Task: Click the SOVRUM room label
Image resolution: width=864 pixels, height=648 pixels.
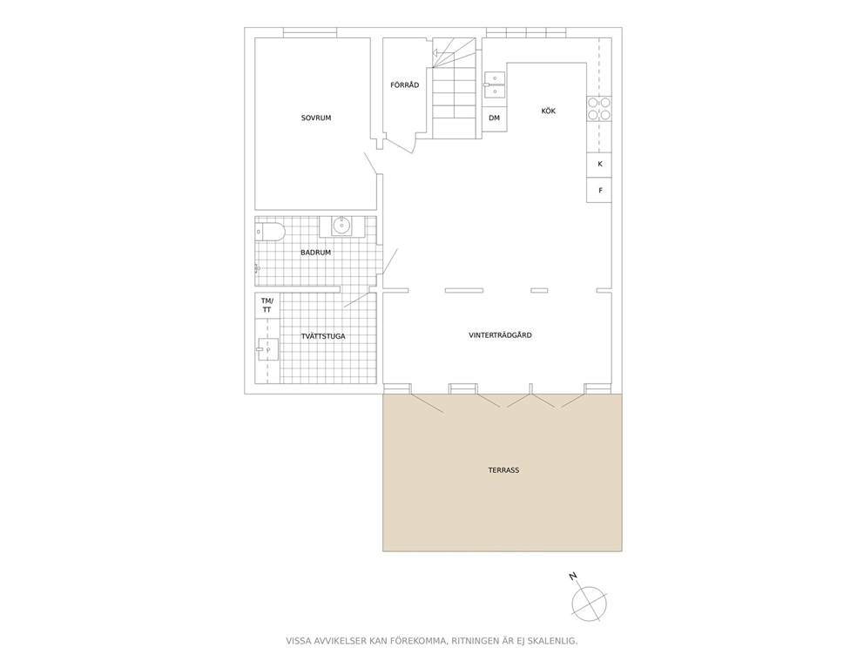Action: (316, 118)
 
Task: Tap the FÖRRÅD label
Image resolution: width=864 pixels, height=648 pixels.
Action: (404, 84)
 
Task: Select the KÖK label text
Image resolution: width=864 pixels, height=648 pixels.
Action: (548, 111)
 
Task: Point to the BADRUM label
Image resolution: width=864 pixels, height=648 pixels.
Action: (316, 253)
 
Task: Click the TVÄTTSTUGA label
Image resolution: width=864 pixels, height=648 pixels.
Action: (323, 336)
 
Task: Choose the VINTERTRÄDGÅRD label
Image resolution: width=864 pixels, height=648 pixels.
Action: (500, 335)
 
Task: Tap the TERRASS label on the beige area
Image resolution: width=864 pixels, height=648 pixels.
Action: (503, 470)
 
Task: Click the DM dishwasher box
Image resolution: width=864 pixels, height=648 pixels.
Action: (494, 118)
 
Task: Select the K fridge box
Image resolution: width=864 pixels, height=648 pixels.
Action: (599, 165)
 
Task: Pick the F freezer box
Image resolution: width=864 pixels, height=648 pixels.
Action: (599, 190)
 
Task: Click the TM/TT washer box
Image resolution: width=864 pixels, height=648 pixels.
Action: (267, 305)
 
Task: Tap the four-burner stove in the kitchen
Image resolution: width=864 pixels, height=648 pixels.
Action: (599, 109)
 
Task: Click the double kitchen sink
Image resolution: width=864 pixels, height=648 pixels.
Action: (494, 84)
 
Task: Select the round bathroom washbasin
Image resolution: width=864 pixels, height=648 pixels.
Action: (341, 225)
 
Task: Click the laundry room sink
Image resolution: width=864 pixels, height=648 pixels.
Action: (267, 349)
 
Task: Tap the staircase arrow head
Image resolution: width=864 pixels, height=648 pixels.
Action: (435, 53)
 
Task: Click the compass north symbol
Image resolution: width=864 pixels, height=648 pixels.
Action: (589, 603)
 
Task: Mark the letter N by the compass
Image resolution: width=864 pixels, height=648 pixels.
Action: (572, 577)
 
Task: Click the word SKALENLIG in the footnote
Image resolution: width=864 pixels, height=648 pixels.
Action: (553, 641)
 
